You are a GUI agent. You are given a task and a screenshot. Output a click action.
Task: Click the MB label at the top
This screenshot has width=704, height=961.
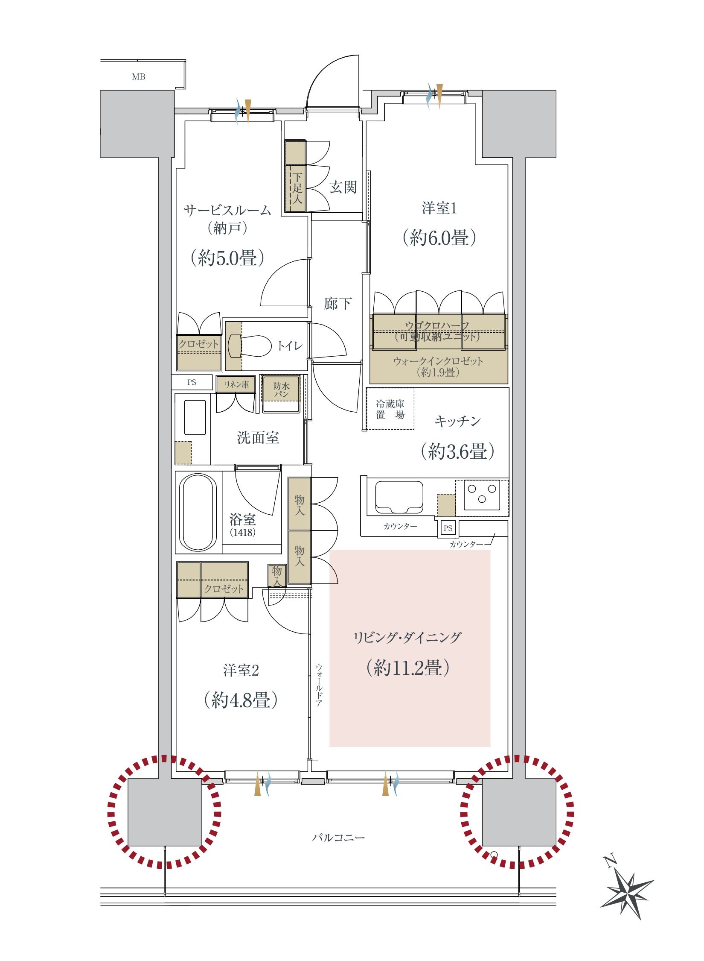[139, 77]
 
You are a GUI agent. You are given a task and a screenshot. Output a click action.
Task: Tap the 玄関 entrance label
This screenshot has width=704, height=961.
[343, 187]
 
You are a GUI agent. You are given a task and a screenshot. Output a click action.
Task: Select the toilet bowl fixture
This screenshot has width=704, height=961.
[250, 346]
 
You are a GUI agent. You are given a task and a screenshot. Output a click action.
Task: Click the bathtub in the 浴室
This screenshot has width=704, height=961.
[198, 512]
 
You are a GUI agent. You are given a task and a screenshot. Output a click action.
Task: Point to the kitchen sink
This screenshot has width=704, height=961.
[399, 497]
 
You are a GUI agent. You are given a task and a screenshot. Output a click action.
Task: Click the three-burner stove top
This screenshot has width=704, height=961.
[482, 495]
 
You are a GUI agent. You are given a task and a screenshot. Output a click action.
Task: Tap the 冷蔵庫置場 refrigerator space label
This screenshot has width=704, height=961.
[390, 409]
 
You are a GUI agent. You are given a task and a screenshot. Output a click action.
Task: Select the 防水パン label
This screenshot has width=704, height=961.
[282, 390]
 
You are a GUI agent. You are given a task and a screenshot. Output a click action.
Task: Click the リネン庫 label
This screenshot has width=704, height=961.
[236, 384]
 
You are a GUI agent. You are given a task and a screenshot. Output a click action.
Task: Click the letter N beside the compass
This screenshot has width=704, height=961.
[610, 861]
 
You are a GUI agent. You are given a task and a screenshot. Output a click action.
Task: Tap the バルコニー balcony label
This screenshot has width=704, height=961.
[338, 838]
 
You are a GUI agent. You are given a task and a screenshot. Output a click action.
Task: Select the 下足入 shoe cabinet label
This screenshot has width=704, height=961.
[297, 188]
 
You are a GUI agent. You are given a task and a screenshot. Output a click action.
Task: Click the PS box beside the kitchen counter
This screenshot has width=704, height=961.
[448, 528]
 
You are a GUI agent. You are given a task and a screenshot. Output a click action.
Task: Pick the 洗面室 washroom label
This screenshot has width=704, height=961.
[258, 437]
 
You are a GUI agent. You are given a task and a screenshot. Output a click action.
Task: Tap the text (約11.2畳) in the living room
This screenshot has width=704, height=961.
[408, 668]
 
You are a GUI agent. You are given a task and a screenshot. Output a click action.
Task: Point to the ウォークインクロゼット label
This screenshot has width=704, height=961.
[438, 361]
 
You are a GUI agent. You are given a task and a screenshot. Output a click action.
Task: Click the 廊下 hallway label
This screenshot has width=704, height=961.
[338, 304]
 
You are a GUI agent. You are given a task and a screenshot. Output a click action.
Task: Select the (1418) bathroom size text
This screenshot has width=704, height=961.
[243, 532]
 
